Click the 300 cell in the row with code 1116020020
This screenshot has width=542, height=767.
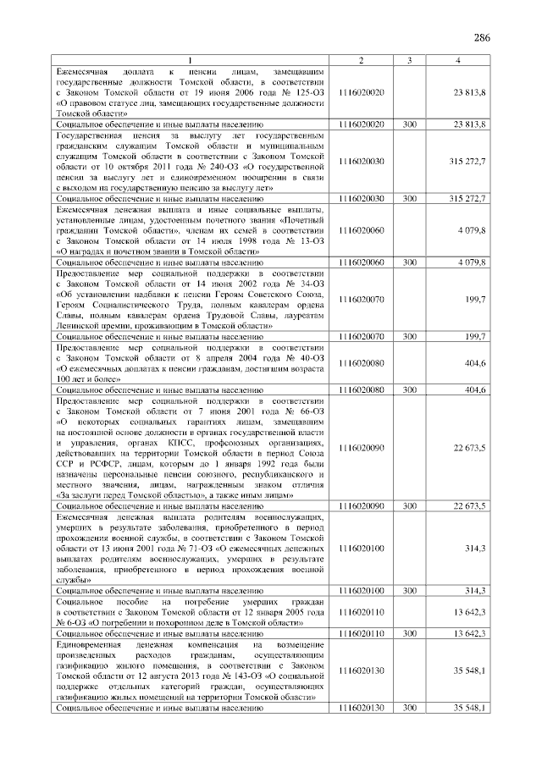[x=410, y=124]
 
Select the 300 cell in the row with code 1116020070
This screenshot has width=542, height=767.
[x=410, y=336]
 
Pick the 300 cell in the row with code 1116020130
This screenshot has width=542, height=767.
[x=410, y=706]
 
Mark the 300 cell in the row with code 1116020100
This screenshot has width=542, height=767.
[x=410, y=589]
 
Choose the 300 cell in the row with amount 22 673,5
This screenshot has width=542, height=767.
[x=410, y=505]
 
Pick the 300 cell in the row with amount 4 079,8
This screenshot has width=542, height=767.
[x=410, y=262]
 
